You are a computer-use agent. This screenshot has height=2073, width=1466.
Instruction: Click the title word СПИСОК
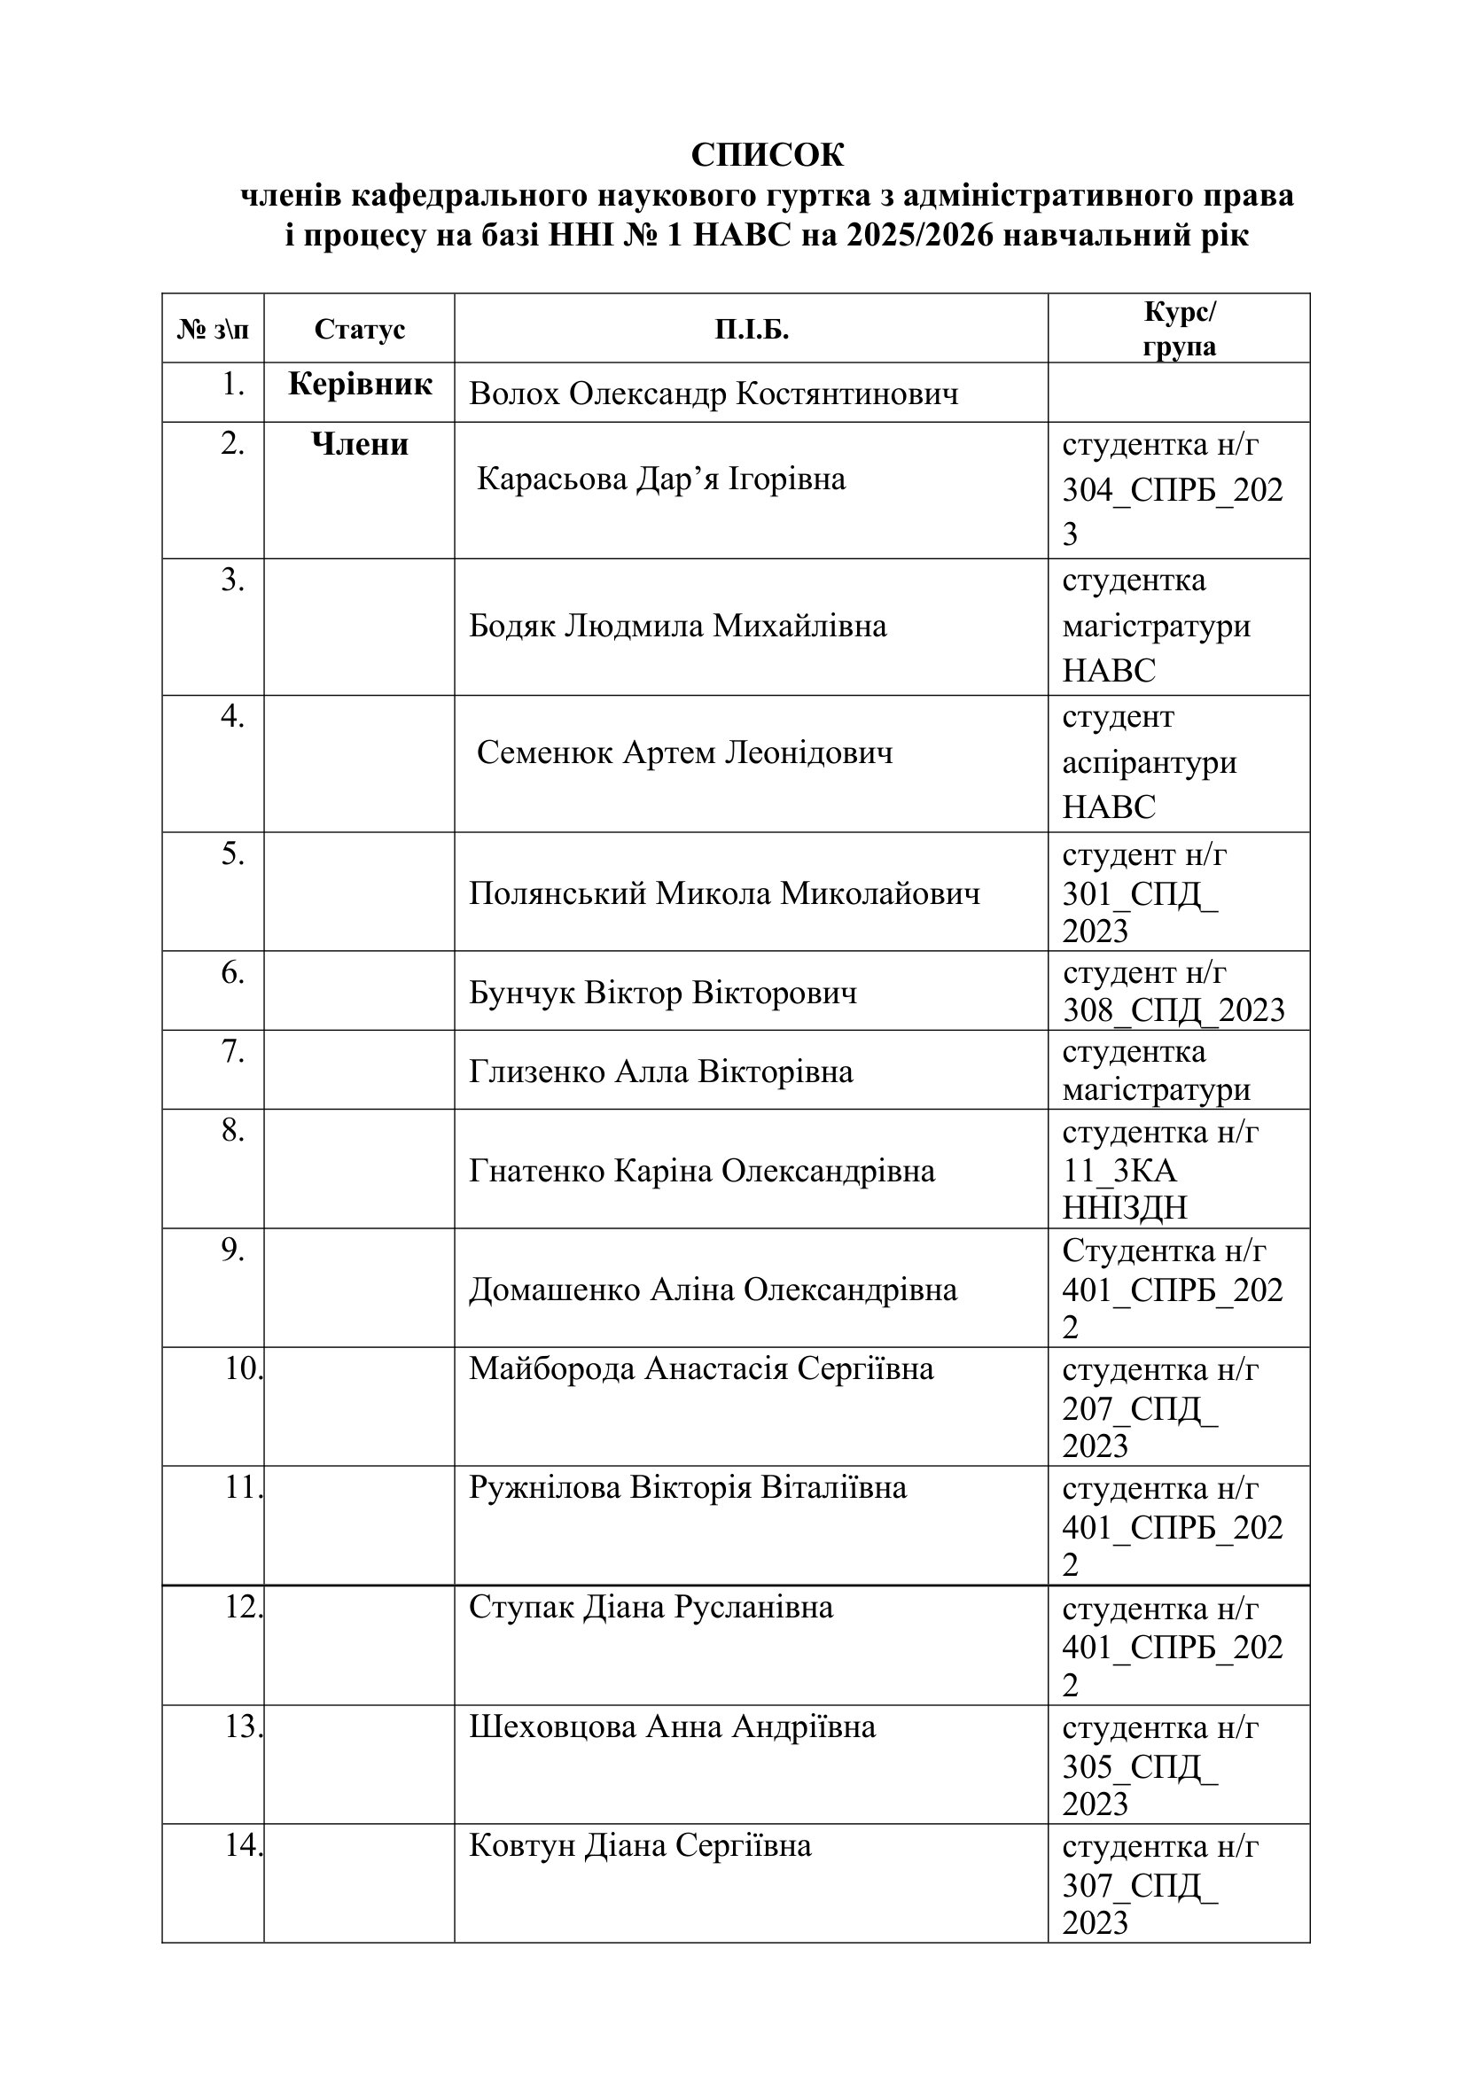(768, 155)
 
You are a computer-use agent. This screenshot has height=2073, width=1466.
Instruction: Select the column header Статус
(359, 330)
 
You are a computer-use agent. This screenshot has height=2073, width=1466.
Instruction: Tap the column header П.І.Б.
(751, 330)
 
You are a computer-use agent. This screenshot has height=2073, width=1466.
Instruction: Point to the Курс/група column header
(1179, 329)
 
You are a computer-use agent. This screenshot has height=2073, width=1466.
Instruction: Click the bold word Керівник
(360, 385)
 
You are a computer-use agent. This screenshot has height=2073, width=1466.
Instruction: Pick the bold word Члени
(359, 444)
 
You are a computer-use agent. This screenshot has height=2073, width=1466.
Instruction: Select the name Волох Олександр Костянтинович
(714, 394)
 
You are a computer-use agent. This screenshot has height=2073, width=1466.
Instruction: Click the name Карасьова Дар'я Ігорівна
(661, 479)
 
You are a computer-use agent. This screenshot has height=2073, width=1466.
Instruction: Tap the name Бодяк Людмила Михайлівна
(677, 626)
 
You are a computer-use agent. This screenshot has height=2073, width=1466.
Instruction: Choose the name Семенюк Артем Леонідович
(684, 752)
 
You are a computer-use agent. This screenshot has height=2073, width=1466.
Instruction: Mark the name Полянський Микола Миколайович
(724, 893)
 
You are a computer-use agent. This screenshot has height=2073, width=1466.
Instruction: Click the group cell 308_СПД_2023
(1174, 1009)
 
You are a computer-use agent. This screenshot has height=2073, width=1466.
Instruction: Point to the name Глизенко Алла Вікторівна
(661, 1072)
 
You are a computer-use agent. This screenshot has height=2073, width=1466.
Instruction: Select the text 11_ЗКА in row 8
(1119, 1170)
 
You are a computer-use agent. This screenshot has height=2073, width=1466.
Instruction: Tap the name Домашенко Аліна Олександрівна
(713, 1290)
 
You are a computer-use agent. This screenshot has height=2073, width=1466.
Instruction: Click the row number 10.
(242, 1368)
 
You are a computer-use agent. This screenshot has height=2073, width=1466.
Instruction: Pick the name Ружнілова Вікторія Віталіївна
(687, 1488)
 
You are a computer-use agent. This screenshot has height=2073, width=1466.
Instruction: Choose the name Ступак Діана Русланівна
(651, 1607)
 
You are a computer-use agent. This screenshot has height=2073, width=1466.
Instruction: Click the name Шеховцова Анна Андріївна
(672, 1726)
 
